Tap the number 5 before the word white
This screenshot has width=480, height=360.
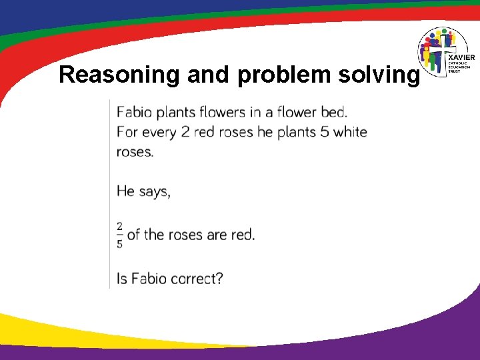pyautogui.click(x=325, y=131)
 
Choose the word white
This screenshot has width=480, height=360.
pyautogui.click(x=351, y=131)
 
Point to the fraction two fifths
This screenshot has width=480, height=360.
pyautogui.click(x=120, y=235)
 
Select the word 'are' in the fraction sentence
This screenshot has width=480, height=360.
pyautogui.click(x=217, y=235)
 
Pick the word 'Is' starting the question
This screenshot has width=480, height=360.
pyautogui.click(x=122, y=278)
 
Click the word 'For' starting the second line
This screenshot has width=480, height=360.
pyautogui.click(x=127, y=131)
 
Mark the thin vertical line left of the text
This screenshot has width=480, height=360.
pyautogui.click(x=110, y=193)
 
